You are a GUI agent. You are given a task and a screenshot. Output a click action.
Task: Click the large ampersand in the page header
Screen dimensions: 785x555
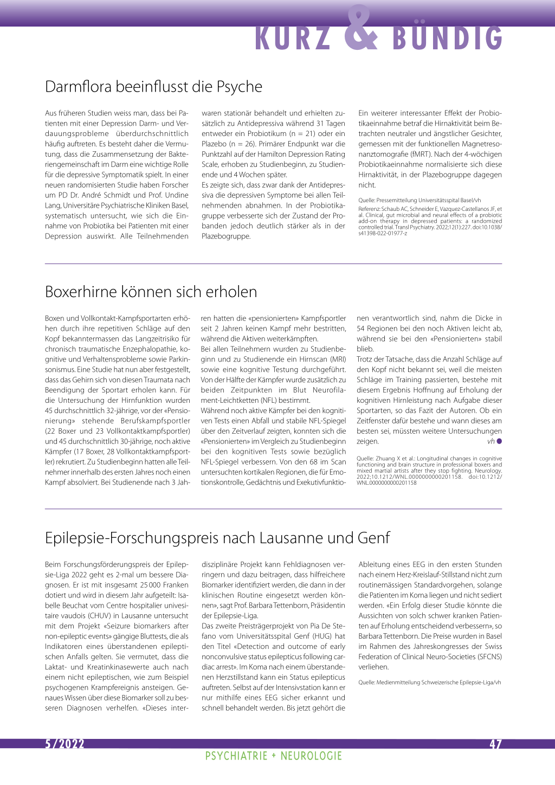pyautogui.click(x=361, y=28)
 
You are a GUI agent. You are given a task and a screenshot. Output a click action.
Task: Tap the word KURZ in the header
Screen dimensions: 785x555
pyautogui.click(x=293, y=38)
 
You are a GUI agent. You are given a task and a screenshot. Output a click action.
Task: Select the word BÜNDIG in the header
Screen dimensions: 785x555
pyautogui.click(x=448, y=38)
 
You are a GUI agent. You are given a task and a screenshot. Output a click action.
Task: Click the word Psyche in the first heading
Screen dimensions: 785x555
pyautogui.click(x=240, y=87)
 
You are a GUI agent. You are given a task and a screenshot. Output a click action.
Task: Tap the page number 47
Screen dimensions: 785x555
pyautogui.click(x=495, y=744)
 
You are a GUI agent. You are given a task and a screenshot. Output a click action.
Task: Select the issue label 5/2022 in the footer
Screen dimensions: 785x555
pyautogui.click(x=64, y=744)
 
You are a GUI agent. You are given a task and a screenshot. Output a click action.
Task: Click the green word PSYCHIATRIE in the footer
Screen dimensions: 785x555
pyautogui.click(x=236, y=756)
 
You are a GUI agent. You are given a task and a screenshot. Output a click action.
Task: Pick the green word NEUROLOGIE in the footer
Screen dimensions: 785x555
pyautogui.click(x=311, y=756)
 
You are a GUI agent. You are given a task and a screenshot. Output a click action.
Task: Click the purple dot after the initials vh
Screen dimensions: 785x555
pyautogui.click(x=499, y=441)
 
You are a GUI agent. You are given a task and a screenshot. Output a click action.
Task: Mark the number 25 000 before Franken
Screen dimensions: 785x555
pyautogui.click(x=152, y=585)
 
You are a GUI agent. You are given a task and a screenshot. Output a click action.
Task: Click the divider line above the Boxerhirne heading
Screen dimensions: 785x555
pyautogui.click(x=273, y=264)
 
